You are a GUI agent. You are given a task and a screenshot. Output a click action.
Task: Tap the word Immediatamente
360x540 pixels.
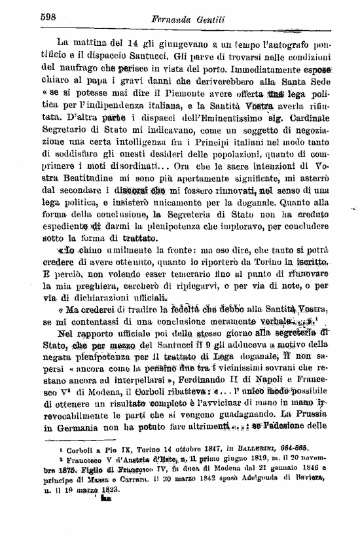(x=262, y=66)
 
